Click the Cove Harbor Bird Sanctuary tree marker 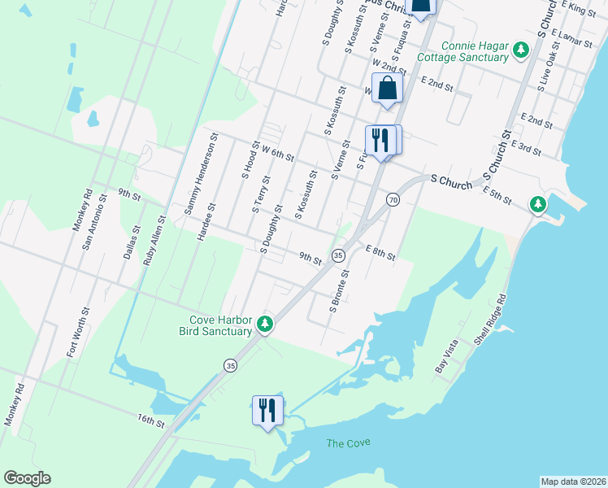point(264,325)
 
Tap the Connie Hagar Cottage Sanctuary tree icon point(521,52)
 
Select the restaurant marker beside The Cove point(268,409)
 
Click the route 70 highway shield point(393,199)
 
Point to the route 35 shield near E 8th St point(338,255)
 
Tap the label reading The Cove point(348,442)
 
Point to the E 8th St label point(380,253)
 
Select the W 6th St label point(277,152)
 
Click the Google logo point(27,478)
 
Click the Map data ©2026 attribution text point(572,481)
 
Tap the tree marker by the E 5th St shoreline point(537,204)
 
